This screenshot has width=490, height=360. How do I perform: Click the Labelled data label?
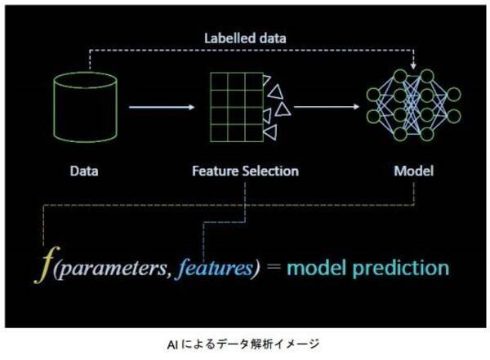[x=245, y=38]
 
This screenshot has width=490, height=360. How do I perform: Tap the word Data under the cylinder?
[x=84, y=171]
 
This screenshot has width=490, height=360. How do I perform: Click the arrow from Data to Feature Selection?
[x=162, y=107]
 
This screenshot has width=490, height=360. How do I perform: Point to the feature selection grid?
[x=237, y=107]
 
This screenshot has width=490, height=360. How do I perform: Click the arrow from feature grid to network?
[x=327, y=107]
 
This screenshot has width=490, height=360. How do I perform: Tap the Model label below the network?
[x=414, y=171]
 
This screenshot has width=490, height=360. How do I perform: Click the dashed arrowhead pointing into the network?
[x=413, y=66]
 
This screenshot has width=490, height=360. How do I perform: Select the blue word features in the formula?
[x=215, y=268]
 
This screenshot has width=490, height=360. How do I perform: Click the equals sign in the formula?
[x=274, y=268]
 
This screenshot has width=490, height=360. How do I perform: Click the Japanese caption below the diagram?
[x=243, y=344]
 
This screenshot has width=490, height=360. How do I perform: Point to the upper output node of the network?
[x=454, y=95]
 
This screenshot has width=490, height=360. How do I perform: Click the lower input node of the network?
[x=373, y=116]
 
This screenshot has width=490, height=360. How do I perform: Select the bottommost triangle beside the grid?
[x=270, y=132]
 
